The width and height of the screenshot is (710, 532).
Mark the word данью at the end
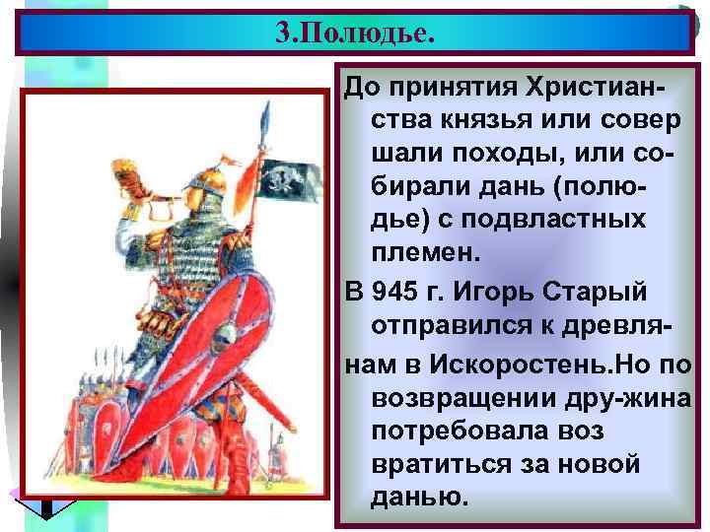[415, 497]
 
